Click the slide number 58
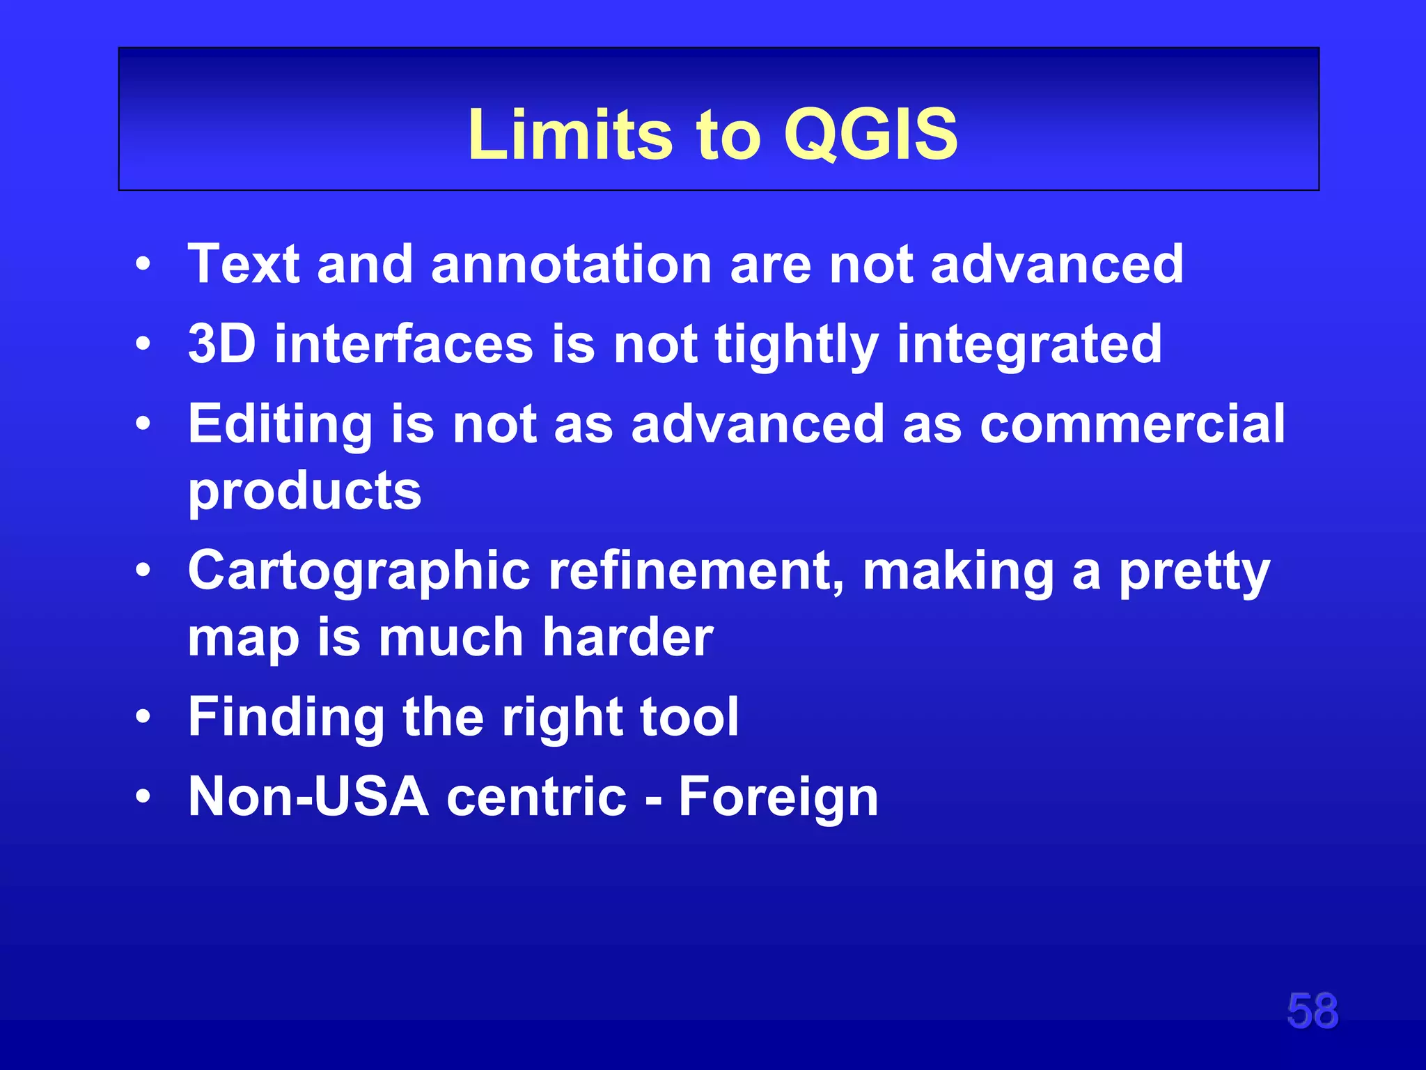coord(1312,1011)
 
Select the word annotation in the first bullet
coord(571,265)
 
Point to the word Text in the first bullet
coord(244,265)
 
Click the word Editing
coord(280,425)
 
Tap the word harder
coord(627,637)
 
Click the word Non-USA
coord(308,797)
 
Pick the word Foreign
coord(778,798)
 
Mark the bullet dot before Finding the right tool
coord(143,717)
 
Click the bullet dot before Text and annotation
coord(143,265)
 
